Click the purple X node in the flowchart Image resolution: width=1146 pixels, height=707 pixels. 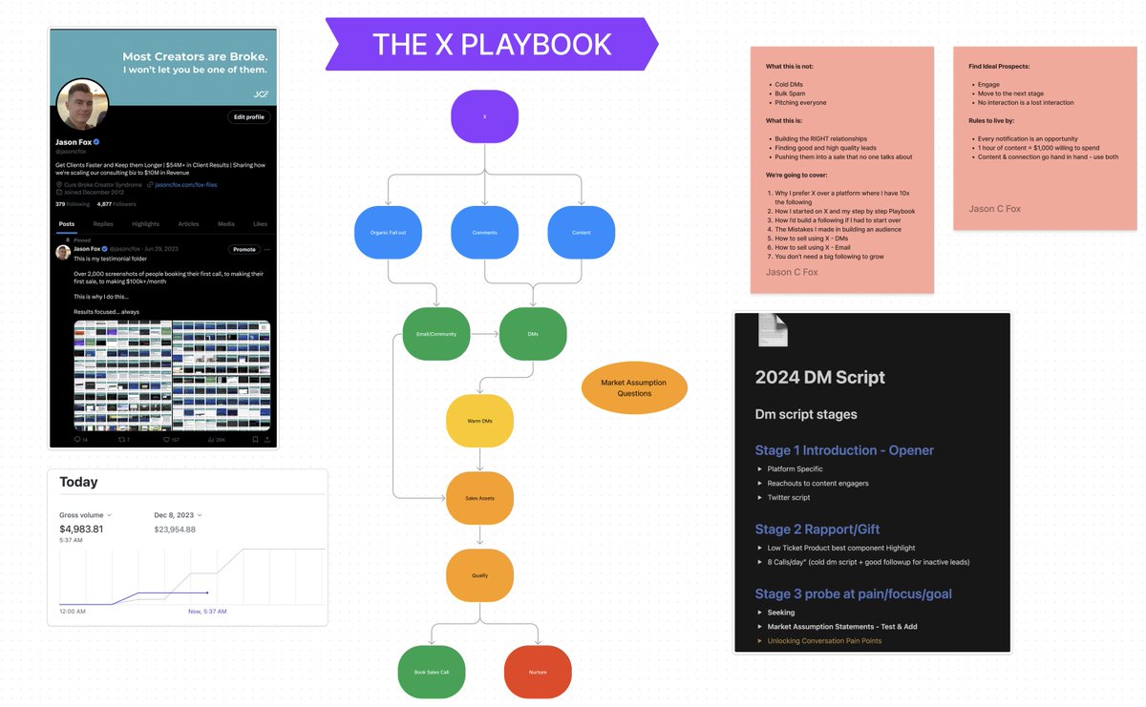click(484, 117)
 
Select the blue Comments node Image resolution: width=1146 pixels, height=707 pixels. click(484, 233)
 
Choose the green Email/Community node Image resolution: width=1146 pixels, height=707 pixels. click(436, 334)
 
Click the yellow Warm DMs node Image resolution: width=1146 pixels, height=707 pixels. click(479, 422)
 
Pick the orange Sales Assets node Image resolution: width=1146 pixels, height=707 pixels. click(479, 498)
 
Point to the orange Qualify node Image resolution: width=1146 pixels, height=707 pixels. click(479, 575)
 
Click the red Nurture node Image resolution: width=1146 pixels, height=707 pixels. click(537, 672)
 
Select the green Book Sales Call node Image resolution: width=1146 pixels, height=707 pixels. click(431, 672)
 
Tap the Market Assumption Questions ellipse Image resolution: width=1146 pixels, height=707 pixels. click(634, 388)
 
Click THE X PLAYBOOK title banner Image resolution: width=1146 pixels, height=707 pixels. click(492, 44)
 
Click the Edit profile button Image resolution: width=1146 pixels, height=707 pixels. click(249, 117)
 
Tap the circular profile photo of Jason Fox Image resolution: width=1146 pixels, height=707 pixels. click(82, 105)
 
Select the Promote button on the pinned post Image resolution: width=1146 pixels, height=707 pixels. click(244, 249)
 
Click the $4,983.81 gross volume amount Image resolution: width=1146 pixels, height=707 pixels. click(81, 529)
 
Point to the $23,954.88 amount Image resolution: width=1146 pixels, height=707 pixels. click(175, 530)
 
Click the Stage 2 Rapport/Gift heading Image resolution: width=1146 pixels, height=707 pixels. click(817, 529)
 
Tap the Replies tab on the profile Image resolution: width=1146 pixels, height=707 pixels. click(103, 224)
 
